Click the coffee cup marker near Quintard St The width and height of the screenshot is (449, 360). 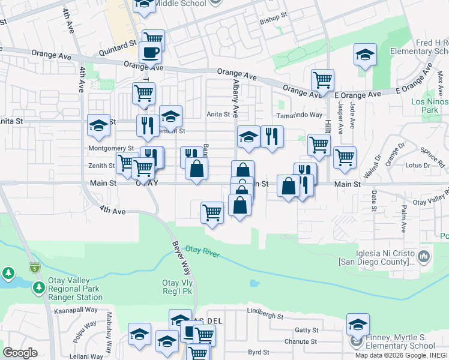pyautogui.click(x=150, y=52)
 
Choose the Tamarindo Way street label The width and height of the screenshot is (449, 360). pyautogui.click(x=299, y=115)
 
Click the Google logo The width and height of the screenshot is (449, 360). pyautogui.click(x=20, y=353)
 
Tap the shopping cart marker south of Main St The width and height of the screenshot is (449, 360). pyautogui.click(x=212, y=212)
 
